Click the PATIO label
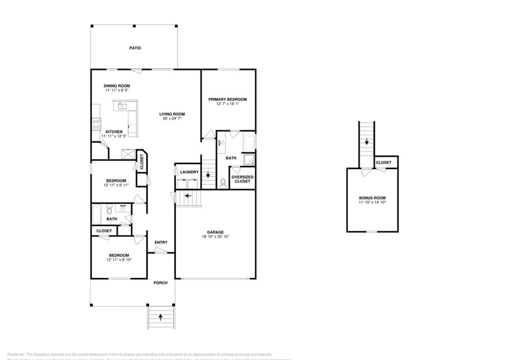pos(135,48)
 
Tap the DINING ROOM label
pos(116,86)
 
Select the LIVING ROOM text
pos(172,114)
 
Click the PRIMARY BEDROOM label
pos(227,99)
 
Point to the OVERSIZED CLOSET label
pos(243,179)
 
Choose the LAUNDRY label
pos(189,172)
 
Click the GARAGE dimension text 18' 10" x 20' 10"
pos(214,237)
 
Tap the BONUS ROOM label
pos(372,198)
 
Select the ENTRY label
pos(160,242)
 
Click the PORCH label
pos(160,283)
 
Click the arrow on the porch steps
pos(160,317)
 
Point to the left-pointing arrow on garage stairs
pos(189,198)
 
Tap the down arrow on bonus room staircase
pos(366,142)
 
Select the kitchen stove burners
pos(96,122)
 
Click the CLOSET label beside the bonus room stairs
pos(383,162)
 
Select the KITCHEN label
pos(114,132)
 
